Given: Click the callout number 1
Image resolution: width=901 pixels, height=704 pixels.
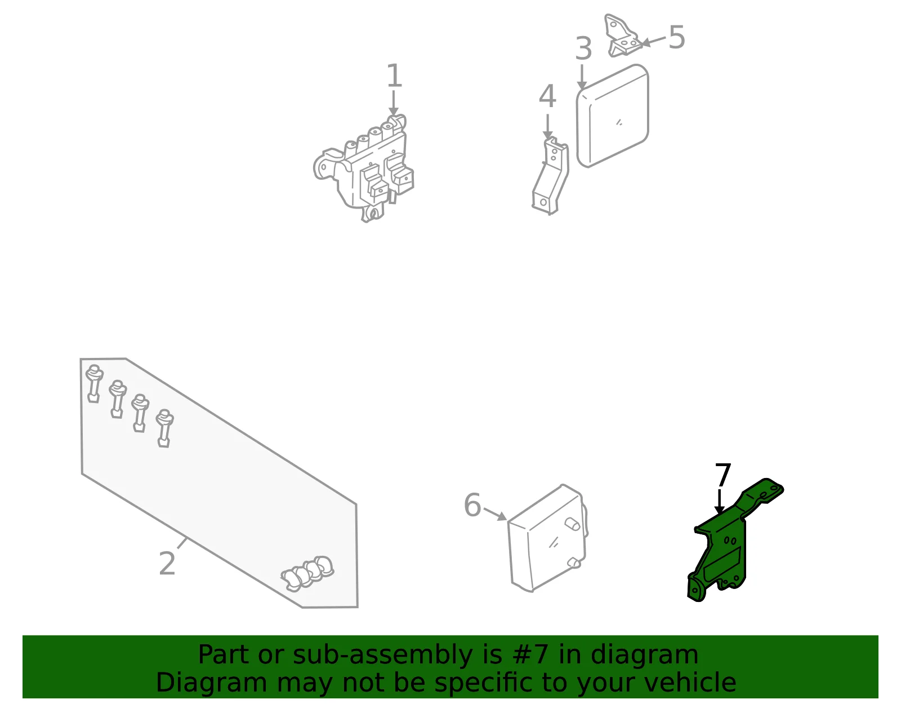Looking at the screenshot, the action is point(394,76).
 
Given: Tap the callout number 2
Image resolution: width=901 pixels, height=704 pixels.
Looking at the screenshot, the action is point(167,563).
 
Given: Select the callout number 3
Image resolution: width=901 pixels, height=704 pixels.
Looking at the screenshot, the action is point(583,48).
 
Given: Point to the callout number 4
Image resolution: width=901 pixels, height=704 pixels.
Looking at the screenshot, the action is point(547,96).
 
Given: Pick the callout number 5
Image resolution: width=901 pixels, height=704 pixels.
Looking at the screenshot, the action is point(677,37).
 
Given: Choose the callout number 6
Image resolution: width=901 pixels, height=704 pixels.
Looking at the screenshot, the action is point(472,505).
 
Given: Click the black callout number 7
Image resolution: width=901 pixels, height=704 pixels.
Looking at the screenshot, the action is point(722,475).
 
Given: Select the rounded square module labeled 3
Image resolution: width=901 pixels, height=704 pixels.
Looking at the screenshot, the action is point(613,116).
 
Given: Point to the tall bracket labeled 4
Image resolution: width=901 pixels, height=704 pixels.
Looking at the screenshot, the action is point(550,176).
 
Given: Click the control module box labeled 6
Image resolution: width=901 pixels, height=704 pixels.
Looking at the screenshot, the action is point(547,538).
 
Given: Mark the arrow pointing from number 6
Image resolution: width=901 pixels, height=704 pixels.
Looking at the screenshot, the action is point(495,513).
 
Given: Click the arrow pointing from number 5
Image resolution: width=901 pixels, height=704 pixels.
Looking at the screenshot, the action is point(653,41).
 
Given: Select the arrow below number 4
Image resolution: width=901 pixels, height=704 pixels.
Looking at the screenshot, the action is point(548,126).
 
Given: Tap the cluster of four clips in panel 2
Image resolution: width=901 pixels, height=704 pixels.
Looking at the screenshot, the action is point(307,573).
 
